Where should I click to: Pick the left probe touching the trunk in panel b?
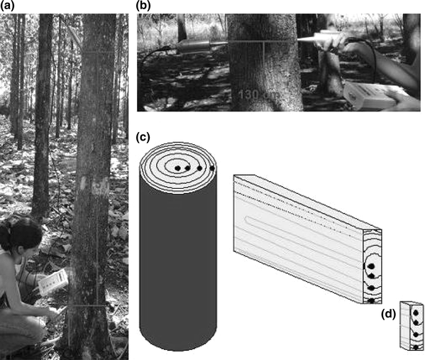(202, 45)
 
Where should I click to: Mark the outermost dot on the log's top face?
(211, 168)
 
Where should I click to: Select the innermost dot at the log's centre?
(177, 168)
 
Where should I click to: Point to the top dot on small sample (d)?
(414, 312)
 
